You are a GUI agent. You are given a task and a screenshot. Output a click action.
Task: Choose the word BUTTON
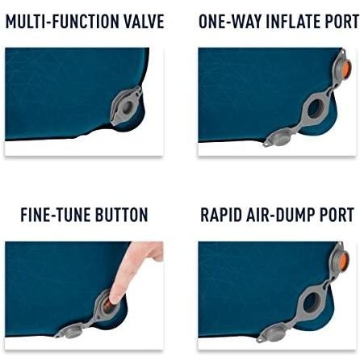coord(122,216)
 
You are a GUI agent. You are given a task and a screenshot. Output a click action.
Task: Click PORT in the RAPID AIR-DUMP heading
coord(337,216)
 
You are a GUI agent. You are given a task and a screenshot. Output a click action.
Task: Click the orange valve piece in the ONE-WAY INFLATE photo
coord(345,70)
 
